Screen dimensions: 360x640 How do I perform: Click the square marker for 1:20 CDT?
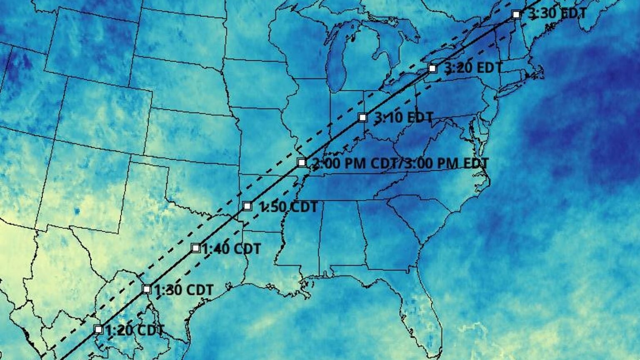click(98, 330)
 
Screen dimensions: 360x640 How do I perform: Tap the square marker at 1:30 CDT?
click(147, 289)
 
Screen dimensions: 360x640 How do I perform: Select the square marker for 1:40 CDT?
click(196, 248)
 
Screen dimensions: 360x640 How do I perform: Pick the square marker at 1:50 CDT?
click(247, 206)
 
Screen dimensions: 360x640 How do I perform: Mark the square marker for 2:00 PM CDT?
click(302, 162)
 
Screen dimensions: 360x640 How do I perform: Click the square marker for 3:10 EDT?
click(363, 117)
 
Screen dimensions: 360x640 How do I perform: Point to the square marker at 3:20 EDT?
click(432, 68)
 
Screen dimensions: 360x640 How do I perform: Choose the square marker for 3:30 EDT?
click(516, 14)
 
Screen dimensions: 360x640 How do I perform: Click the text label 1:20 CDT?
click(135, 330)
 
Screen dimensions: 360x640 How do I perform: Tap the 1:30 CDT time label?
click(184, 290)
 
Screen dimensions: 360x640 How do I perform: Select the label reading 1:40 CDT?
click(232, 249)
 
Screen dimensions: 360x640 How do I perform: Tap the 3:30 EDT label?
click(557, 14)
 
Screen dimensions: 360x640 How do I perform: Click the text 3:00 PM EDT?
click(446, 163)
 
